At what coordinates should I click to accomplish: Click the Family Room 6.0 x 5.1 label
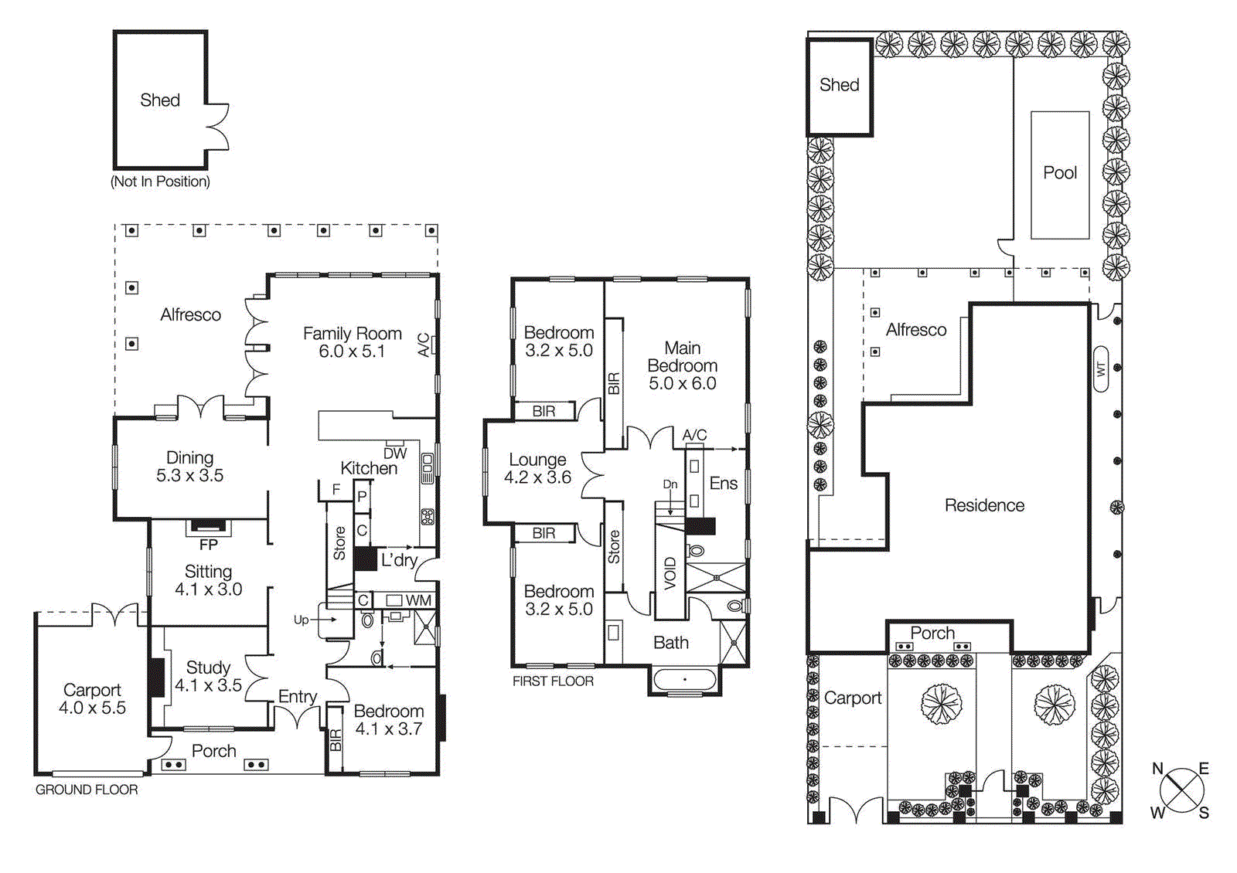352,342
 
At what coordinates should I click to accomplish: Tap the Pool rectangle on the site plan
1060,174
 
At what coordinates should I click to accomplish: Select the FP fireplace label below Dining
208,545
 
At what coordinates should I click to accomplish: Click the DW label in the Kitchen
395,453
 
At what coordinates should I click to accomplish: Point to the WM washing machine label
418,600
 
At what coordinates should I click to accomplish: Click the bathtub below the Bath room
684,680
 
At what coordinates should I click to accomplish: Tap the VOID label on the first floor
670,573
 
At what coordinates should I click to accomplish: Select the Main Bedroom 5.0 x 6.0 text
682,365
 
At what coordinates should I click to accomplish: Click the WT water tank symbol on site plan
1101,369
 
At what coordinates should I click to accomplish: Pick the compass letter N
1157,769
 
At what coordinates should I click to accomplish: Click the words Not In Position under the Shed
160,182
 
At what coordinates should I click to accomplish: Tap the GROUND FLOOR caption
87,790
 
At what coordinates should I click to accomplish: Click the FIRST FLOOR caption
553,681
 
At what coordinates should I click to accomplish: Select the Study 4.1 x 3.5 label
208,676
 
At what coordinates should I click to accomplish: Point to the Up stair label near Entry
301,620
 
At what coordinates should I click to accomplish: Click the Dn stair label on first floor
670,484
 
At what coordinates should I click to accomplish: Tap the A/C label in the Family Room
424,345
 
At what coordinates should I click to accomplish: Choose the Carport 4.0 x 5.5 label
92,698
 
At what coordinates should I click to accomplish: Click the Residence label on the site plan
984,505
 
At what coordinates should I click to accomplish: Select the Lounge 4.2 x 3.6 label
537,468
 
